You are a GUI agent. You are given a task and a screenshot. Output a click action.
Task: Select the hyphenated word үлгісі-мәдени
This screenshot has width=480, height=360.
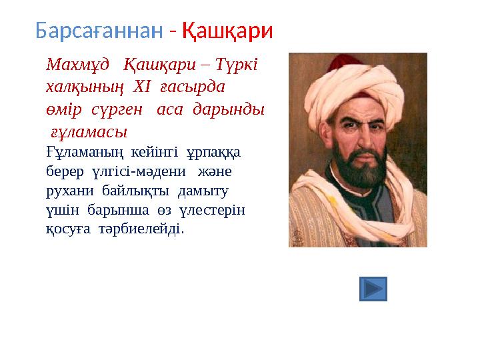(x=139, y=171)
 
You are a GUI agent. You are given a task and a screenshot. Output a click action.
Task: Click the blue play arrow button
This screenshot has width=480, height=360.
(x=373, y=289)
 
